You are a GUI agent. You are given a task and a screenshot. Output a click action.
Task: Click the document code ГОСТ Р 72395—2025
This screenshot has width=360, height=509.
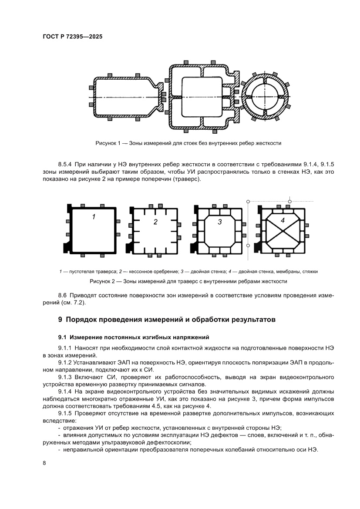click(x=73, y=37)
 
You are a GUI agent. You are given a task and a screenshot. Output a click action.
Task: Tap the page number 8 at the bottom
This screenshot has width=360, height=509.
click(x=44, y=463)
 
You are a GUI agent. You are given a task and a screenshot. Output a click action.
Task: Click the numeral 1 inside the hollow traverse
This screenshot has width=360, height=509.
click(x=94, y=216)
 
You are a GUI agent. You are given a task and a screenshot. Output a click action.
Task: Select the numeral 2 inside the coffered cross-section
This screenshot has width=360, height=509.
click(x=155, y=222)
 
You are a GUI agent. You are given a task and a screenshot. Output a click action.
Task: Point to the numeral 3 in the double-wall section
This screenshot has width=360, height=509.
click(x=220, y=222)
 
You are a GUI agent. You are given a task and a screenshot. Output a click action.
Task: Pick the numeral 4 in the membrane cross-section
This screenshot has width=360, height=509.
click(x=283, y=220)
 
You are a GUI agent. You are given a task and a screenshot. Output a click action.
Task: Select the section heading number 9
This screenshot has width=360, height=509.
click(x=61, y=320)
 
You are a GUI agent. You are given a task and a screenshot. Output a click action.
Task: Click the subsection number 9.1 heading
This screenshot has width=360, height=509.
click(x=63, y=337)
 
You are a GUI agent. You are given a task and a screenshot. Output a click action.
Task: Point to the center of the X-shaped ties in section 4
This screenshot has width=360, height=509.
click(x=283, y=230)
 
